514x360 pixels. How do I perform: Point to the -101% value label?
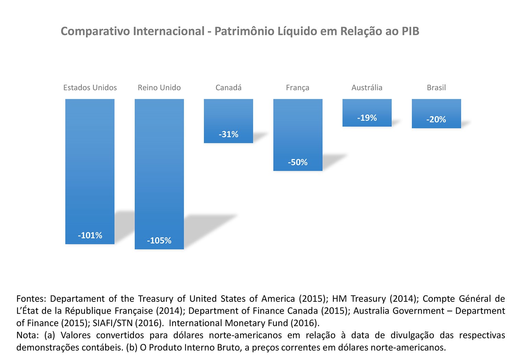pos(90,236)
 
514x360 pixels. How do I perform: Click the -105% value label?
pos(159,241)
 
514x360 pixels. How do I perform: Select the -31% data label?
pos(228,134)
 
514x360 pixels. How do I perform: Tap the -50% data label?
pos(297,163)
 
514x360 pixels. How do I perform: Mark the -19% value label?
pos(367,118)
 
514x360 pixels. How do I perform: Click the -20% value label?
pos(436,120)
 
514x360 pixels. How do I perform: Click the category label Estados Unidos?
pos(90,88)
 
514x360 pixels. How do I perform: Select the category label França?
pos(297,88)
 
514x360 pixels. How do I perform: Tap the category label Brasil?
pos(436,88)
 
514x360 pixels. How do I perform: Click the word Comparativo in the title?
pos(95,32)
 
